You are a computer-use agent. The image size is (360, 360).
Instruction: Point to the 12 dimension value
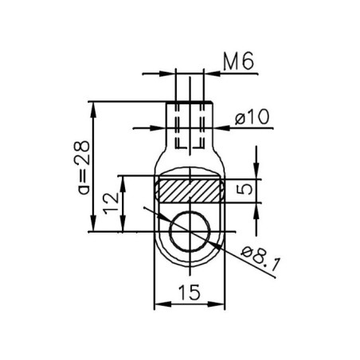coord(115,205)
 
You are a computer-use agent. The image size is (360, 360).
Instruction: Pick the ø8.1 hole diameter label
coord(257,256)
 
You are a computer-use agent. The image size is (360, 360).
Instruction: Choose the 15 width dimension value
coord(189,293)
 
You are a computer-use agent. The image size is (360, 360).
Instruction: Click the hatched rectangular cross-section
coord(190,190)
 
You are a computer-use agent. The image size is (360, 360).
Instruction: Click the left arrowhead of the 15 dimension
coord(158,305)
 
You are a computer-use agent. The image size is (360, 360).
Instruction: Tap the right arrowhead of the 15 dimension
coord(222,305)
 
